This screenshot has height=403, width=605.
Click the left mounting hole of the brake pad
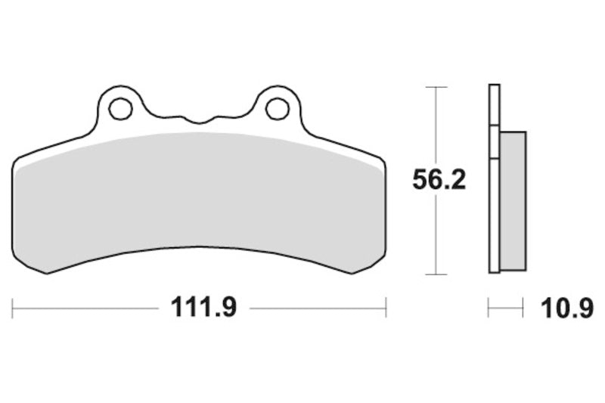pos(121,109)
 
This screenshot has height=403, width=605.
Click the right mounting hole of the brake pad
pos(278,108)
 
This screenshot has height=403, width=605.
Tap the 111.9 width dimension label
pos(203,308)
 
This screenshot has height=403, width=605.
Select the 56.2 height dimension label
pos(439,179)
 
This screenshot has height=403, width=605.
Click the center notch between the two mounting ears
pos(199,121)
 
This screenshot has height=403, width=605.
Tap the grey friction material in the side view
pos(513,201)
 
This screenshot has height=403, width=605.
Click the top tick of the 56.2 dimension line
pos(436,87)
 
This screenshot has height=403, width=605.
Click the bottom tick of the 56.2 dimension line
pos(436,274)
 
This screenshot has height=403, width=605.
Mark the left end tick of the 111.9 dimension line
pos(12,308)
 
